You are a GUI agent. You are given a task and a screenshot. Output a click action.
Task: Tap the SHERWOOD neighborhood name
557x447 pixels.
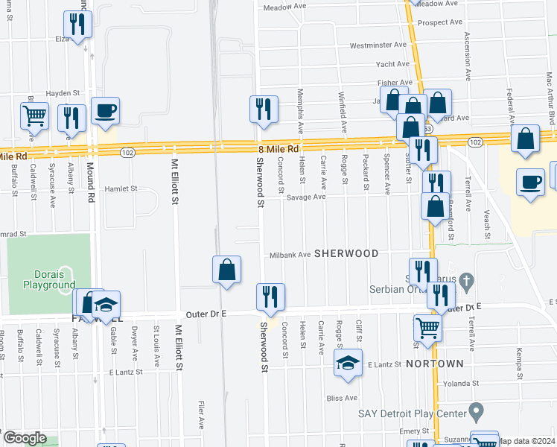click(x=346, y=254)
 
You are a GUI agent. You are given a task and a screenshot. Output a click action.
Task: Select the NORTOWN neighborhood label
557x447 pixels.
click(x=436, y=364)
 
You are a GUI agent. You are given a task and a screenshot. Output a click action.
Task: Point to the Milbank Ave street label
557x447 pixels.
click(x=290, y=255)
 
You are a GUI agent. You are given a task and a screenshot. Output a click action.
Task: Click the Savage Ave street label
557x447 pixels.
click(x=308, y=197)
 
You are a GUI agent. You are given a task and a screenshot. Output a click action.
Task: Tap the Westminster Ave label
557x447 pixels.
click(x=378, y=45)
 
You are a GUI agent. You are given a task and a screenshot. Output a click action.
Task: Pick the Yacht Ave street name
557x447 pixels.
click(x=392, y=64)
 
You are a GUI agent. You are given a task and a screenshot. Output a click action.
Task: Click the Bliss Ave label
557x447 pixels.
click(x=342, y=399)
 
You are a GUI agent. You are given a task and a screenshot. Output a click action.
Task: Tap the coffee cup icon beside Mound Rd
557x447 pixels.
click(x=105, y=111)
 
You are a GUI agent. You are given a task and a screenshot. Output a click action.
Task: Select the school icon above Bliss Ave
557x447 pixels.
click(x=348, y=363)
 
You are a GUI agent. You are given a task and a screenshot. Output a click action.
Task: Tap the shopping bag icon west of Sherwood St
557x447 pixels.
click(x=226, y=270)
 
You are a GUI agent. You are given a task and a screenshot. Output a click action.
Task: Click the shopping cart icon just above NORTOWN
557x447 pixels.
click(x=427, y=328)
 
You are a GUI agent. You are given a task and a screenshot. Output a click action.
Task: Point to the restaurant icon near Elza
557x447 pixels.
click(x=78, y=23)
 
